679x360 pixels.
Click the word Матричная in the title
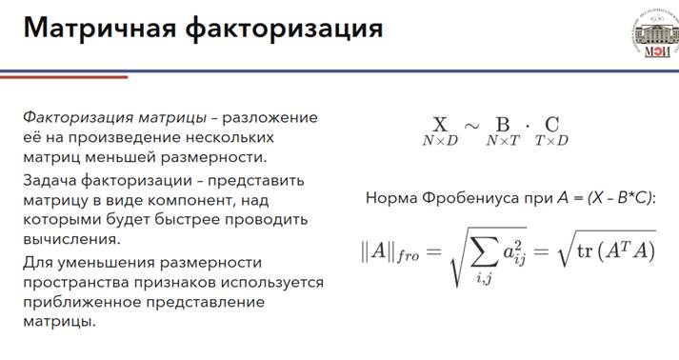(100, 29)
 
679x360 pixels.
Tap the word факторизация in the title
(284, 30)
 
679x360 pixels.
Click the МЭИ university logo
(655, 34)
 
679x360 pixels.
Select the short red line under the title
(64, 77)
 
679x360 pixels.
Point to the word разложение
(270, 118)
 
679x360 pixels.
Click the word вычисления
(71, 240)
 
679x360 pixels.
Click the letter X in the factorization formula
(440, 125)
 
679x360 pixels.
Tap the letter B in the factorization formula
(502, 125)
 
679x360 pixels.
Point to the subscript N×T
(502, 141)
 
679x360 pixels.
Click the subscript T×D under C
(551, 141)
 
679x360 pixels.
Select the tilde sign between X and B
(472, 126)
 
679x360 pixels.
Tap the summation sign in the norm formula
(484, 252)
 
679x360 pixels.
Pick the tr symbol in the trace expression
(585, 251)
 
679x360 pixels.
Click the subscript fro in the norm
(409, 255)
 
